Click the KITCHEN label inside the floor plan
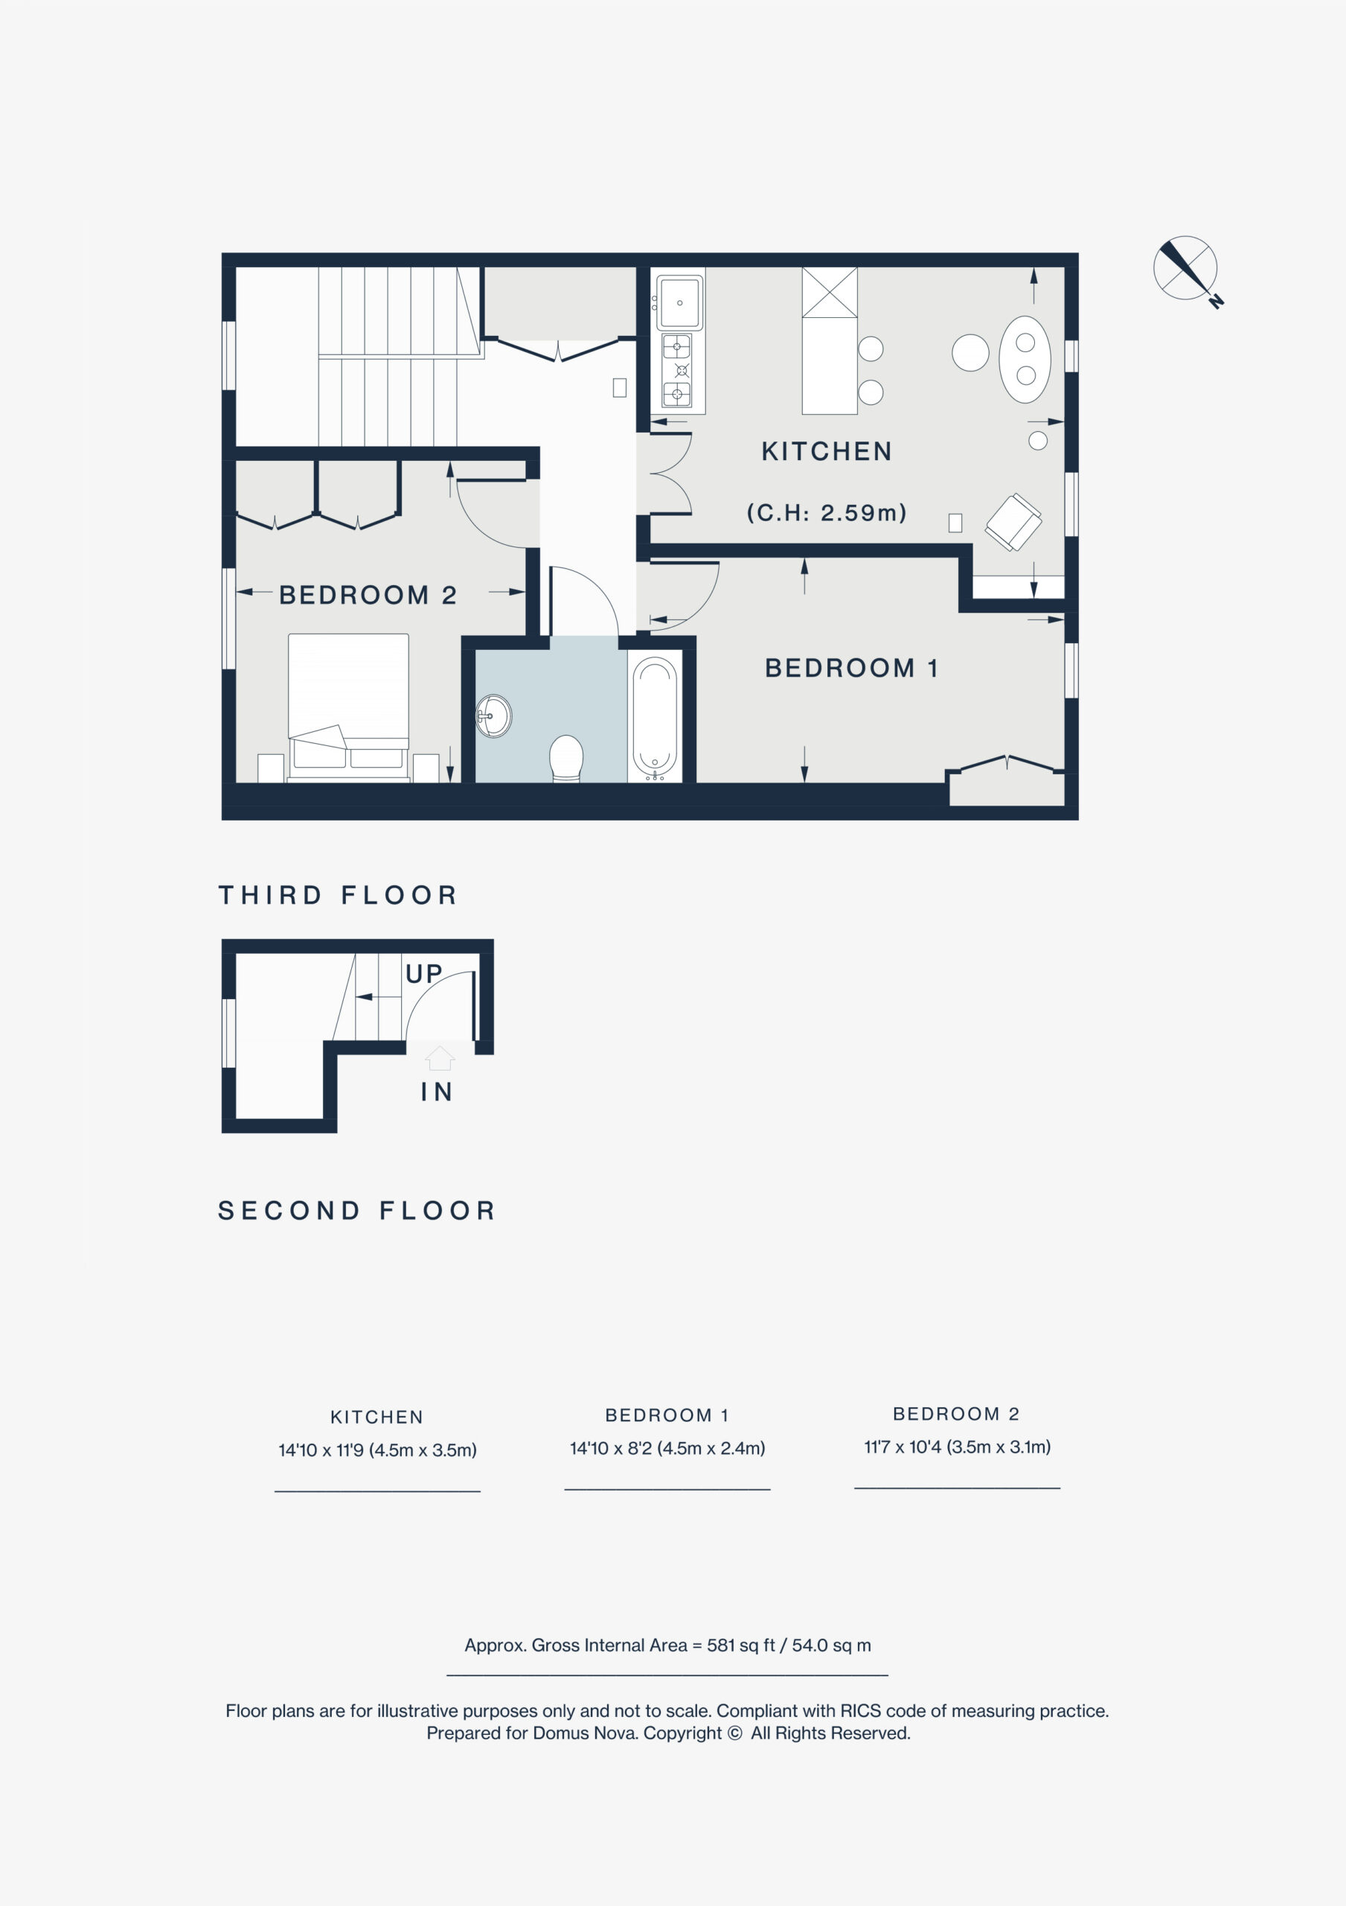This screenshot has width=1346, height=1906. point(827,452)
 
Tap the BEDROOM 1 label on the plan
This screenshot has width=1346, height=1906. point(851,669)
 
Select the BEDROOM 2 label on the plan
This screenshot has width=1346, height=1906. point(368,595)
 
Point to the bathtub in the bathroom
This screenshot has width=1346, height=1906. point(655,717)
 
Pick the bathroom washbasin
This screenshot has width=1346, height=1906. point(494,716)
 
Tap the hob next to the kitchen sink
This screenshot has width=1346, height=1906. point(678,370)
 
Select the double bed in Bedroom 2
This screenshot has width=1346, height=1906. point(348,707)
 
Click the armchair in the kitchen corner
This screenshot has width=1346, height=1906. point(1013,522)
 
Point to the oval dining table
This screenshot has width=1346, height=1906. point(1025,359)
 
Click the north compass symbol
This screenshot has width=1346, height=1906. point(1188,270)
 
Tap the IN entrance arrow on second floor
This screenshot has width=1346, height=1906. point(439,1057)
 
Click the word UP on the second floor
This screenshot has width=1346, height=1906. point(424,974)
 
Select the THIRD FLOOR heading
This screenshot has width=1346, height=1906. point(338,895)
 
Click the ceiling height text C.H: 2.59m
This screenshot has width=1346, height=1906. point(827,512)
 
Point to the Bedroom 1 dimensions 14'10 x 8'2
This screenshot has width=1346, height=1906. point(667,1448)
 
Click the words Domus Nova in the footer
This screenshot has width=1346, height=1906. point(586,1733)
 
